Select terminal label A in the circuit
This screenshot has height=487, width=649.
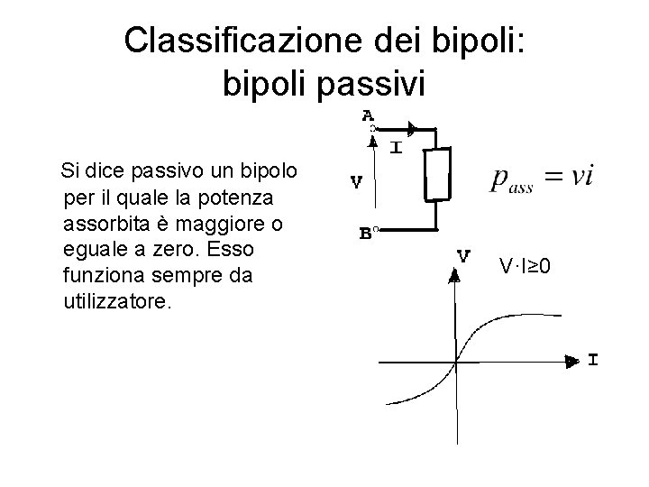coord(367,115)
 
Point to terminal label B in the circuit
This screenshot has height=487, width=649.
coord(366,233)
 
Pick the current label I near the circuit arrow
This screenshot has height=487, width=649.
coord(395,147)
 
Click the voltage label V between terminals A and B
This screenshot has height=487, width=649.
coord(356,181)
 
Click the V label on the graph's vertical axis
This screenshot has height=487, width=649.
coord(463,255)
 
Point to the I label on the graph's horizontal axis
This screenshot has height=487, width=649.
coord(592,361)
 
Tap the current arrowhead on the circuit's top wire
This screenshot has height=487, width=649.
coord(411,128)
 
